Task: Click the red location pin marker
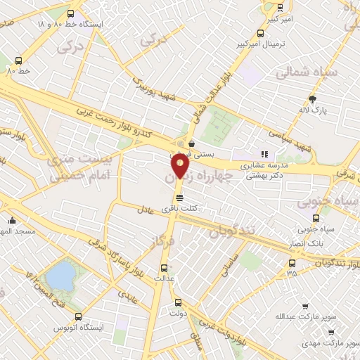pyautogui.click(x=180, y=165)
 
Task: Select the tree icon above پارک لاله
pyautogui.click(x=312, y=98)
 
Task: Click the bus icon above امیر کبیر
pyautogui.click(x=280, y=8)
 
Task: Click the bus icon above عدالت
pyautogui.click(x=164, y=267)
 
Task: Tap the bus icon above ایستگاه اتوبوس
pyautogui.click(x=78, y=316)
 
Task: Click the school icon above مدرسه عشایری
pyautogui.click(x=264, y=154)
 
